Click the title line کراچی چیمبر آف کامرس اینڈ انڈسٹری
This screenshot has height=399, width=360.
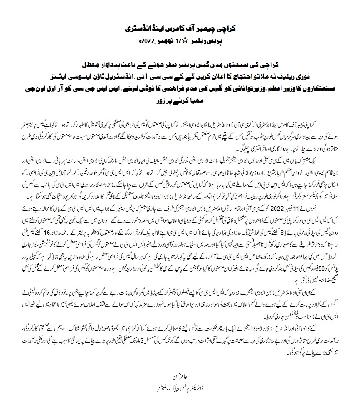pyautogui.click(x=181, y=28)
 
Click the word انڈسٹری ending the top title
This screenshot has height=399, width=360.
pyautogui.click(x=137, y=28)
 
